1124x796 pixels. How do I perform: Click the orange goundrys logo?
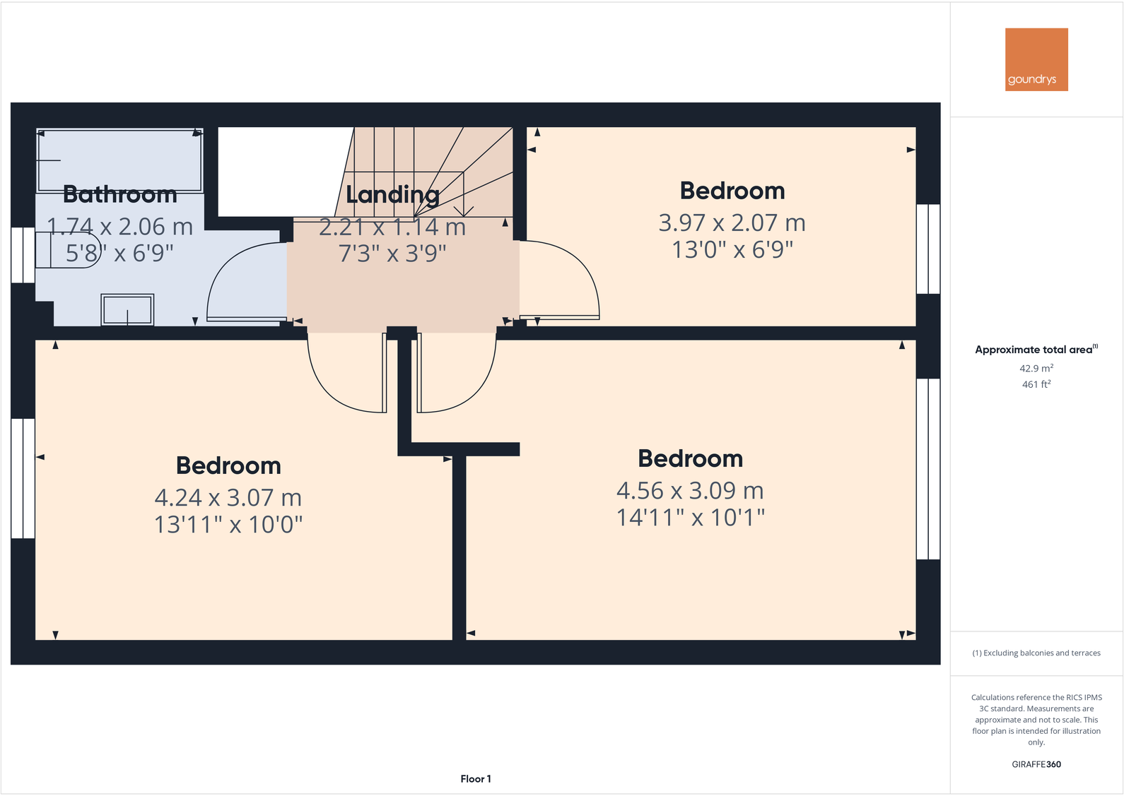1036,59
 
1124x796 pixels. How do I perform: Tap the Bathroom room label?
120,194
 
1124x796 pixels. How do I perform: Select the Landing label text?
392,194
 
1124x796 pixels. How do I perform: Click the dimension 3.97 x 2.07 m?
732,223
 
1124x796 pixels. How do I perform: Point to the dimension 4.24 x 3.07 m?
228,498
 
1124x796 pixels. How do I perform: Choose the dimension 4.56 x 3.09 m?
690,491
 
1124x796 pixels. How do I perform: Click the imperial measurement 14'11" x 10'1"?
690,518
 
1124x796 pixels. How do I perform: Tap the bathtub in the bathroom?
119,160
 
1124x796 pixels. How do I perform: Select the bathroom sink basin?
127,309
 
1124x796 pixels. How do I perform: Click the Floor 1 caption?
476,779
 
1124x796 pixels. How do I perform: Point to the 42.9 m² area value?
1036,369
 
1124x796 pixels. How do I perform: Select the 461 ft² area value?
1036,384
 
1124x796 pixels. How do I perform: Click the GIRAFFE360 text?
1036,764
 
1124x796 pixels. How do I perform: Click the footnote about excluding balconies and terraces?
1036,653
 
